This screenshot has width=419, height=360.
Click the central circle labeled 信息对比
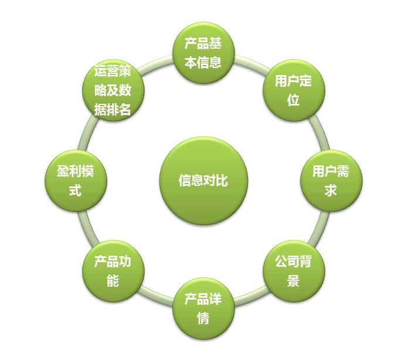pos(203,181)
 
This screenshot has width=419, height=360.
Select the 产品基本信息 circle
pos(203,53)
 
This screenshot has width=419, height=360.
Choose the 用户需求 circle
pos(331,181)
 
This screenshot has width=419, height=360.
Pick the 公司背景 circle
pos(294,271)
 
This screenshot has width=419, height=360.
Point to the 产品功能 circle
pos(113,271)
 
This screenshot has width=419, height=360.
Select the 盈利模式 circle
pos(76,181)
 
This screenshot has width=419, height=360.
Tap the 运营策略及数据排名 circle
pos(113,90)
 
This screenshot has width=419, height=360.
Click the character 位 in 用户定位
pos(294,100)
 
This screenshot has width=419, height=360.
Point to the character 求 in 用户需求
pos(331,191)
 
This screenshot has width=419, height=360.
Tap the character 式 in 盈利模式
pos(76,191)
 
